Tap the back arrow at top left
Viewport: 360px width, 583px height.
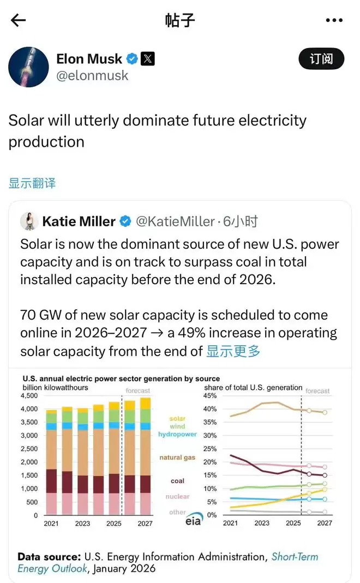pos(18,21)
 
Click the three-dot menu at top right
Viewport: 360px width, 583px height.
pos(334,21)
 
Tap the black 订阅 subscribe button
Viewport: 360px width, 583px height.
pos(321,59)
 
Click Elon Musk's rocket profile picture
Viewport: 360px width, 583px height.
pos(29,67)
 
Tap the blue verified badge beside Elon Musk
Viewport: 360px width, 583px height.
pos(131,58)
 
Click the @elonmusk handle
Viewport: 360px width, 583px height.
pos(92,75)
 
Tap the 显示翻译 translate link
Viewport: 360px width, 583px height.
pos(32,183)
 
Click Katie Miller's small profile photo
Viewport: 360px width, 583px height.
pos(28,221)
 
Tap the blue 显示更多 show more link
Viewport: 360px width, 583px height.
pos(233,351)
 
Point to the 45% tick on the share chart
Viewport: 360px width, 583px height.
pos(211,396)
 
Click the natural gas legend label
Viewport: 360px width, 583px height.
pos(177,458)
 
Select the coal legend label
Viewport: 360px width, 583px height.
pos(177,481)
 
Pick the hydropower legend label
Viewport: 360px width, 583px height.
pos(177,435)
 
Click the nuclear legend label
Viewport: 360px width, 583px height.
pos(177,496)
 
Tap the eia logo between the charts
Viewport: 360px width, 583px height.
pos(192,520)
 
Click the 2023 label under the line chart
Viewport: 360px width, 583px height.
pos(262,523)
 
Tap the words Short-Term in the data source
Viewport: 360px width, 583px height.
pos(295,557)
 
